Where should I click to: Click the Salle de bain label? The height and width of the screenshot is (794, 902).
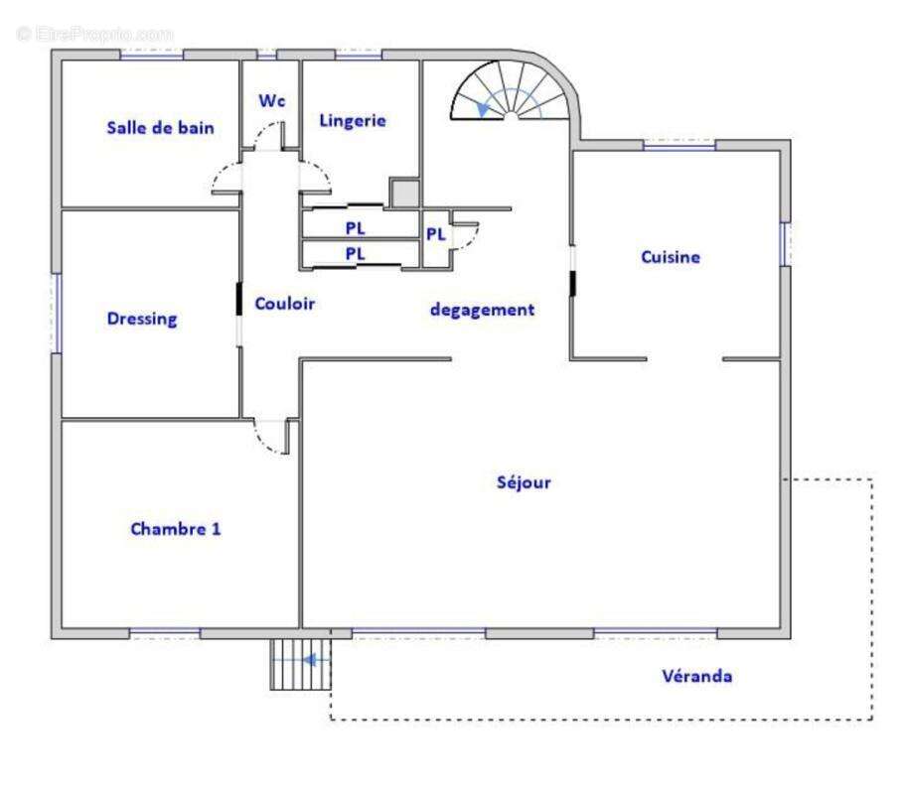click(x=161, y=127)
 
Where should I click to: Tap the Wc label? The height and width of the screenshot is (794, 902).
click(x=271, y=100)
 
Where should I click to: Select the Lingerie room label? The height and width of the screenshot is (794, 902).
click(x=352, y=120)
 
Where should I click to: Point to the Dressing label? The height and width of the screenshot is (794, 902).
click(x=141, y=319)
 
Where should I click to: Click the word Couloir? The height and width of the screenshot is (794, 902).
click(x=285, y=303)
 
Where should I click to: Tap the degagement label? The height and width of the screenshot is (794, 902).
click(x=482, y=310)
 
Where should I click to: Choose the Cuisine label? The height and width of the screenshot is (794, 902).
click(x=671, y=256)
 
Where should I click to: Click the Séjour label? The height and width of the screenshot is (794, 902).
click(x=524, y=481)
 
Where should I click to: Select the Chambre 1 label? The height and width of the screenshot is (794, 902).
click(x=176, y=528)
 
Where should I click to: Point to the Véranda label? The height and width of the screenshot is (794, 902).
click(x=696, y=676)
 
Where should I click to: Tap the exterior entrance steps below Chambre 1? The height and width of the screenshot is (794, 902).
click(x=301, y=664)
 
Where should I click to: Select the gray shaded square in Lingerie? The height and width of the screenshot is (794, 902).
click(x=405, y=194)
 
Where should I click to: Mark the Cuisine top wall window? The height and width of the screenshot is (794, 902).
click(x=678, y=145)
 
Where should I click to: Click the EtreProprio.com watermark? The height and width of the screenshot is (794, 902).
click(x=95, y=35)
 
